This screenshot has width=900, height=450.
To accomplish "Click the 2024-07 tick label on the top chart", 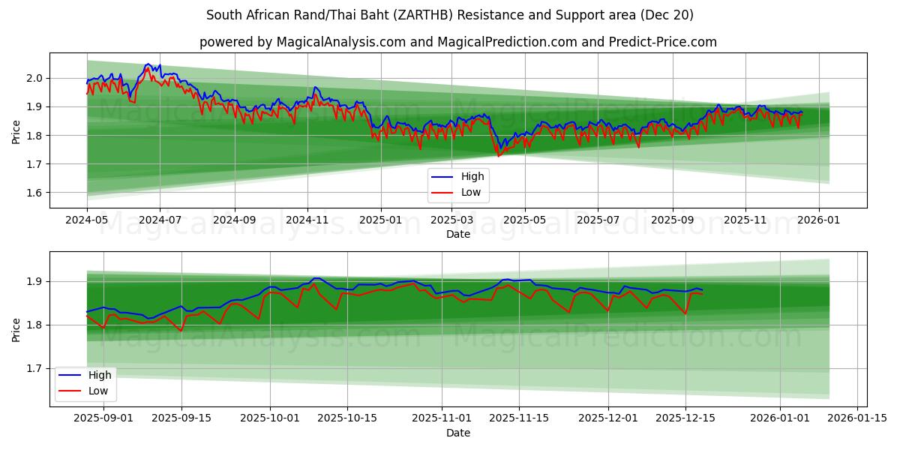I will click(x=160, y=220).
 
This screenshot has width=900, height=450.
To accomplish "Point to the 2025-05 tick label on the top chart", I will click(x=525, y=220).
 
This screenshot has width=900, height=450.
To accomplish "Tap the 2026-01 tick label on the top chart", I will click(x=818, y=220).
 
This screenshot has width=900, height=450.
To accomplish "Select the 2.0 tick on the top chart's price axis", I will click(x=34, y=78).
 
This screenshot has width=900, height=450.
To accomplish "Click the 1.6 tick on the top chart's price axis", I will click(x=34, y=193).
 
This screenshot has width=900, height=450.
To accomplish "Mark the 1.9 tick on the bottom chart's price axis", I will click(x=34, y=281).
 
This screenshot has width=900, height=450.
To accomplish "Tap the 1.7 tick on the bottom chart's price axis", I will click(x=34, y=368).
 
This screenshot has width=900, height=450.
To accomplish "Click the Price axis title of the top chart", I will click(x=16, y=132).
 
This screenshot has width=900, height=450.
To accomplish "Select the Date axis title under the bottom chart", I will click(x=458, y=433).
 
